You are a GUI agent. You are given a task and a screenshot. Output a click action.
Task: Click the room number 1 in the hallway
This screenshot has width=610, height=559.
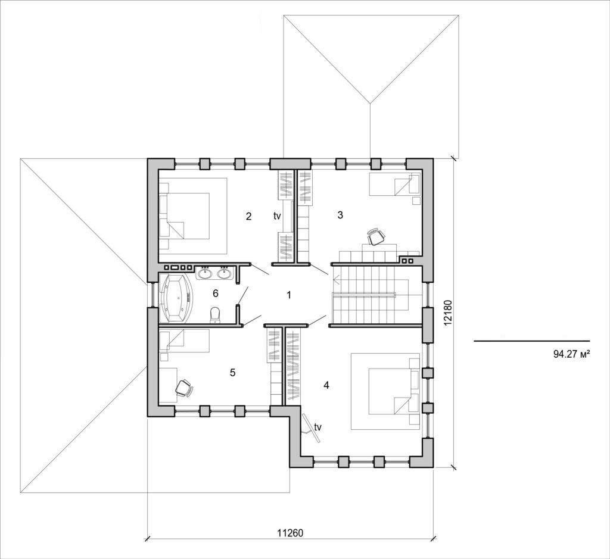289,295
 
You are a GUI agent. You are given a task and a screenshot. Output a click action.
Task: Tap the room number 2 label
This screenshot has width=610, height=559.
248,216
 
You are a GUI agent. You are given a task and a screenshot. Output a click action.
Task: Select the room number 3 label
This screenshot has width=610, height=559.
340,216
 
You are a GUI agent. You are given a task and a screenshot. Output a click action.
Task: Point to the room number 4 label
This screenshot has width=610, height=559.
326,385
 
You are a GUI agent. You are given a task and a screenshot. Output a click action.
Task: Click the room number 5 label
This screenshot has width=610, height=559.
233,372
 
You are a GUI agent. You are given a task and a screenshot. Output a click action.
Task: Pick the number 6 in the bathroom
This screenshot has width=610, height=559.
216,293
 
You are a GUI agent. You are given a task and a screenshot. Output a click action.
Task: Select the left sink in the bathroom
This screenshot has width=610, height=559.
205,273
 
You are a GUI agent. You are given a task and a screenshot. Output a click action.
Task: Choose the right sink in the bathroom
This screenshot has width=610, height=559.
224,273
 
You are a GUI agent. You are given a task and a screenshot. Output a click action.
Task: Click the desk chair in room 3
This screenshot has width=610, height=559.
375,237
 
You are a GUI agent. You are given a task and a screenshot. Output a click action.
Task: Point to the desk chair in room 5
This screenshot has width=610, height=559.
184,388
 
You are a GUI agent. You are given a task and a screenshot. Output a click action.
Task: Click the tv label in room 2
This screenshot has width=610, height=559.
277,217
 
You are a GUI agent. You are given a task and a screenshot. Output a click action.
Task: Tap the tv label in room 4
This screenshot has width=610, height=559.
318,427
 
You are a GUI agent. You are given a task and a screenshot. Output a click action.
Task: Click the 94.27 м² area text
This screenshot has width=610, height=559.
571,354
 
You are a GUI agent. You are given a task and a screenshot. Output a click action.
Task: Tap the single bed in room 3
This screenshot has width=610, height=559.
394,185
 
